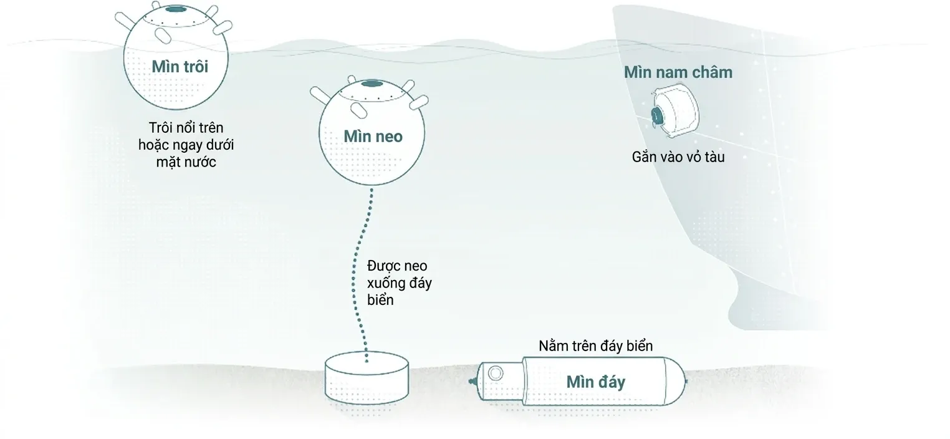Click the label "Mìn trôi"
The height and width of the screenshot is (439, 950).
coord(180,67)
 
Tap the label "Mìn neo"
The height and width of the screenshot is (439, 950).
coord(373,136)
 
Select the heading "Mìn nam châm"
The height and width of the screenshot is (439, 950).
coord(678,72)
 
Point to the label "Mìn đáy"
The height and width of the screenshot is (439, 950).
coord(595,382)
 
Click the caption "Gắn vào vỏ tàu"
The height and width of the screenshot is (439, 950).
coord(678,157)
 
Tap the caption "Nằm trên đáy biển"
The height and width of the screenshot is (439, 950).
coord(596,345)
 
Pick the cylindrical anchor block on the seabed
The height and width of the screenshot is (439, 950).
coord(367,379)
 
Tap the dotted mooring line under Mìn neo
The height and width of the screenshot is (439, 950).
coord(367,274)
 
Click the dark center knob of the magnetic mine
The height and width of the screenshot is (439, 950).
coord(656,115)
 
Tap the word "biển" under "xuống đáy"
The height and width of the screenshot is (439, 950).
coord(380,300)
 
